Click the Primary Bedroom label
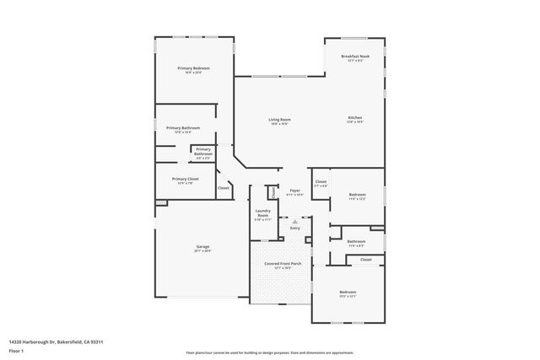tap(193, 67)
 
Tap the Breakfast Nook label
tap(355, 56)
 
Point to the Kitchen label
tap(355, 117)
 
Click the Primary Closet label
tap(185, 179)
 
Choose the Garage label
tap(202, 247)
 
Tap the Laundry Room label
tap(262, 215)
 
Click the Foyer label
tap(294, 191)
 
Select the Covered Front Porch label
tap(282, 265)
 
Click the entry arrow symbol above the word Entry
tap(295, 221)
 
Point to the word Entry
tap(295, 228)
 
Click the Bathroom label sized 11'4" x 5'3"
tap(356, 241)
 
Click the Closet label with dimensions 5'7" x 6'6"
tap(321, 181)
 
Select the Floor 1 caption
tap(16, 349)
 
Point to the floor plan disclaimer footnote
tap(270, 352)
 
